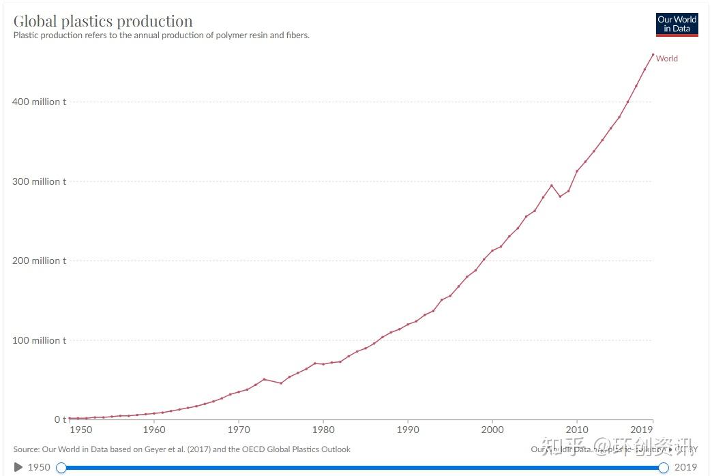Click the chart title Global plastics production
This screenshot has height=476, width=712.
[x=103, y=21]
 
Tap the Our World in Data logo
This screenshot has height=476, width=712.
[x=677, y=24]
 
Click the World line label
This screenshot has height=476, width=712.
[x=666, y=59]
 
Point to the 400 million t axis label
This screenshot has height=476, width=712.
[x=40, y=102]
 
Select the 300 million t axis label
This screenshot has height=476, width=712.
[x=40, y=181]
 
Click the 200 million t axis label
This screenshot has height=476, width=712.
[x=40, y=261]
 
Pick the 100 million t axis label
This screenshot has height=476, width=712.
[x=40, y=340]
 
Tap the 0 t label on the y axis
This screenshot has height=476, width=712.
[x=59, y=419]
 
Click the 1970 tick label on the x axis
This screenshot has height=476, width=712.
[x=239, y=430]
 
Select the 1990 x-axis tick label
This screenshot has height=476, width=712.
[x=408, y=430]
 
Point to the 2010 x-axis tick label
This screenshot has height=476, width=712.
[x=576, y=430]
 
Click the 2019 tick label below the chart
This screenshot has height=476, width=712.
[x=642, y=430]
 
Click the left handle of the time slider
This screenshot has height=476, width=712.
[x=61, y=467]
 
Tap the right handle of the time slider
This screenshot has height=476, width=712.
[x=663, y=467]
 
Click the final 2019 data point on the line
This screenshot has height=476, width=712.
[x=653, y=55]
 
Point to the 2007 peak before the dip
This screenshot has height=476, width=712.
[x=552, y=185]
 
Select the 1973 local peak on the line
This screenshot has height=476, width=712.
[x=264, y=379]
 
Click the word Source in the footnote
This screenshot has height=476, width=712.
[x=27, y=449]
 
